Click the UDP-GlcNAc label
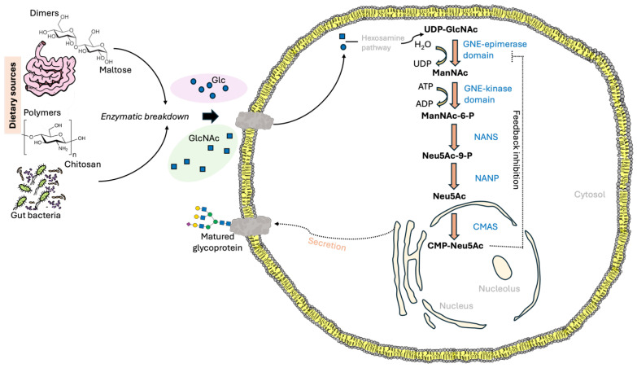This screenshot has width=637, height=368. tap(451, 29)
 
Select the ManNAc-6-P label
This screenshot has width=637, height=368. tap(447, 116)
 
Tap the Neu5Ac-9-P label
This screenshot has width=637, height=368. tap(447, 156)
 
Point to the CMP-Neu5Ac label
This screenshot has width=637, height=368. tap(456, 246)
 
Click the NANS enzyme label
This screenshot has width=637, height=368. tap(486, 137)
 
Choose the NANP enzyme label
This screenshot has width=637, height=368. tap(486, 178)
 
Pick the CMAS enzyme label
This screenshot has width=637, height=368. tap(485, 226)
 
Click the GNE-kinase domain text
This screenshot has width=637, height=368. tap(488, 94)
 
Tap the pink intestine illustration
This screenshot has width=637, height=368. tap(50, 67)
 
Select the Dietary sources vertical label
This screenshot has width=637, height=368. tap(13, 95)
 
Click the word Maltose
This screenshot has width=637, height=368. tap(116, 70)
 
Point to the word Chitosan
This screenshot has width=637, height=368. tap(82, 164)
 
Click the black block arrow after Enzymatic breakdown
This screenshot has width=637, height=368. tap(211, 116)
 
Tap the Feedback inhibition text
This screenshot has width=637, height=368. tap(516, 149)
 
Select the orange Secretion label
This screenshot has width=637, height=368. tap(327, 244)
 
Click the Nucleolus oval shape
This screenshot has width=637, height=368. tap(502, 267)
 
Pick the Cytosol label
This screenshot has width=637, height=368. tap(590, 195)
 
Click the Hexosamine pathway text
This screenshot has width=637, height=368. tap(382, 42)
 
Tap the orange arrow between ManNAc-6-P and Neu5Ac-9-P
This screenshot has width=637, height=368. tap(454, 137)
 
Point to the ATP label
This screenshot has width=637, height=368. tap(425, 86)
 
